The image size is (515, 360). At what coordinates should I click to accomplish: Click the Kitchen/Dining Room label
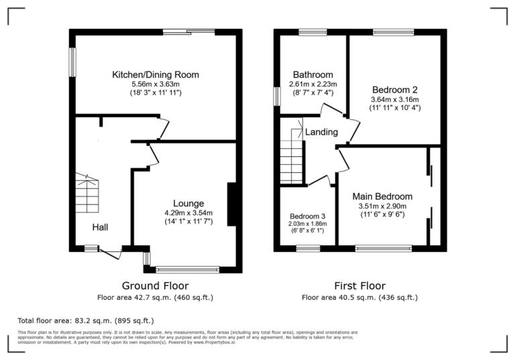pyautogui.click(x=155, y=74)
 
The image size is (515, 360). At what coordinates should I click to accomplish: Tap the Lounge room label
pyautogui.click(x=188, y=204)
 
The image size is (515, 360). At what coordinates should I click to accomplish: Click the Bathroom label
pyautogui.click(x=312, y=74)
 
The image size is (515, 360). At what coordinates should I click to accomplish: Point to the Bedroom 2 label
pyautogui.click(x=395, y=90)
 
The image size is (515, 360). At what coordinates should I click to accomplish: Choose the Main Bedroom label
pyautogui.click(x=382, y=196)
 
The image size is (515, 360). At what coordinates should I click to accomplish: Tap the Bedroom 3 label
pyautogui.click(x=308, y=216)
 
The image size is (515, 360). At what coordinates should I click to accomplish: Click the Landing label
pyautogui.click(x=321, y=132)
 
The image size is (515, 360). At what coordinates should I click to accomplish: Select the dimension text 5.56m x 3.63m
pyautogui.click(x=155, y=84)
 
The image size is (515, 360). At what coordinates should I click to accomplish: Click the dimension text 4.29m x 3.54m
pyautogui.click(x=188, y=213)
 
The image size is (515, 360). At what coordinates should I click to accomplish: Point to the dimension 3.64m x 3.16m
pyautogui.click(x=395, y=99)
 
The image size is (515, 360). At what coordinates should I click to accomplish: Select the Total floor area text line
pyautogui.click(x=85, y=320)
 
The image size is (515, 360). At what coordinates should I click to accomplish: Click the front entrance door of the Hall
pyautogui.click(x=110, y=252)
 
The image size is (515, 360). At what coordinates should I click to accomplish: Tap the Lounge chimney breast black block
pyautogui.click(x=231, y=204)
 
